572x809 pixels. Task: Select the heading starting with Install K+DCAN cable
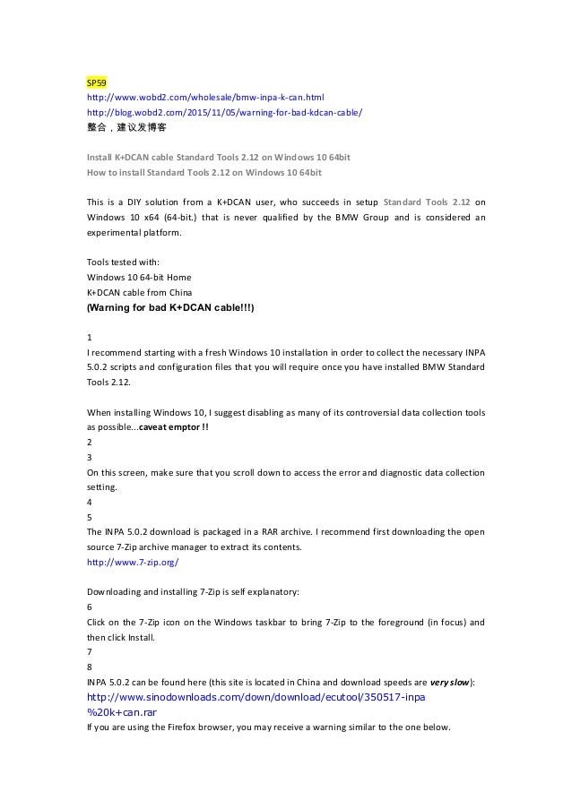[x=217, y=157]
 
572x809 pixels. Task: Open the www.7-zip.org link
[x=132, y=562]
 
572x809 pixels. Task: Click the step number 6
[x=89, y=607]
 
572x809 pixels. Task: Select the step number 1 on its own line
[x=89, y=337]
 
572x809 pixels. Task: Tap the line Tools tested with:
[x=124, y=262]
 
